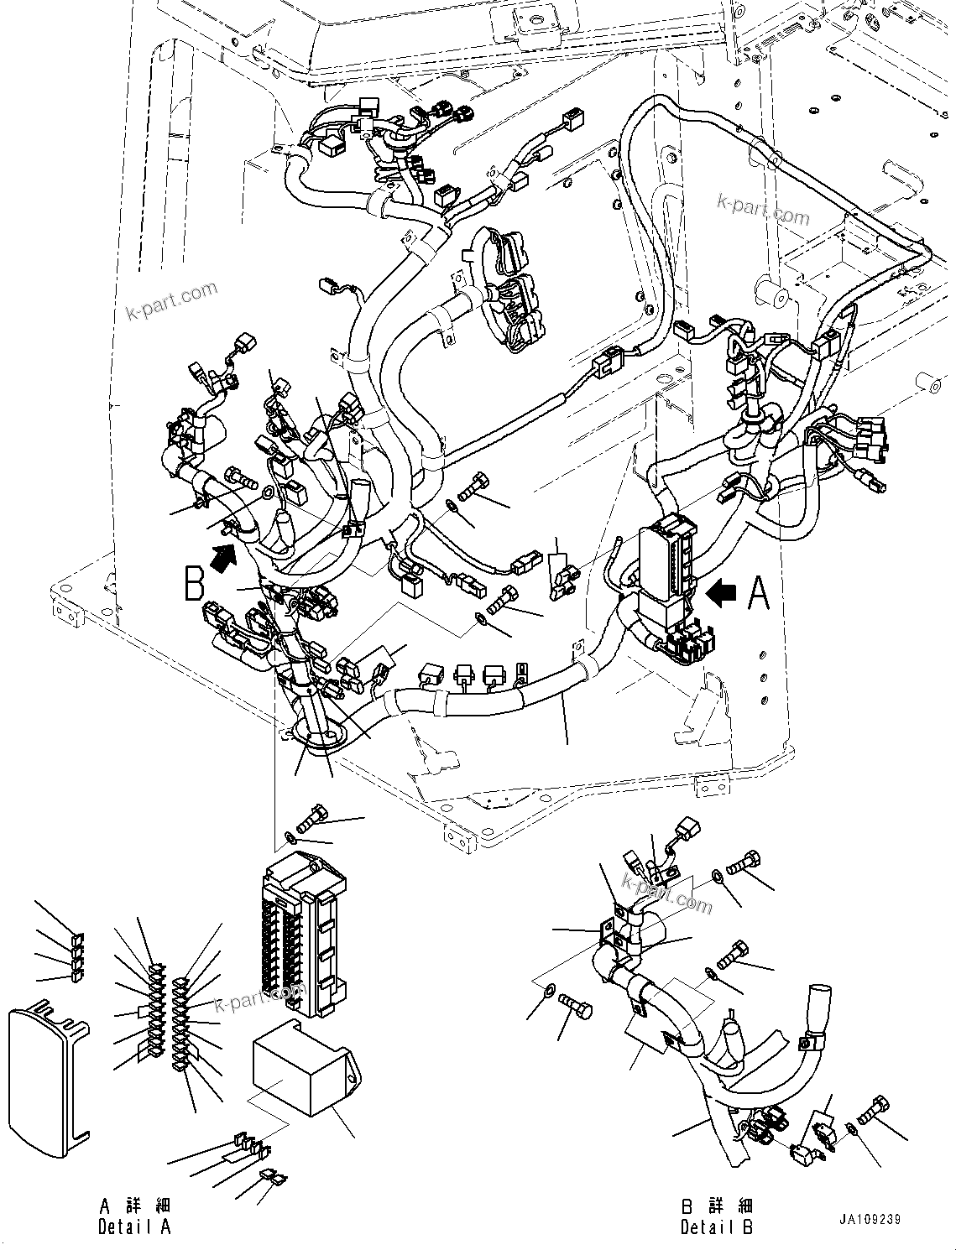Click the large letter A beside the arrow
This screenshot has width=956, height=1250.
[758, 593]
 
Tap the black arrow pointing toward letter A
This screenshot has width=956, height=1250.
[722, 593]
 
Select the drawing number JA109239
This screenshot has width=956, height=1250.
[868, 1219]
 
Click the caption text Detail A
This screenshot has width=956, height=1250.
[134, 1227]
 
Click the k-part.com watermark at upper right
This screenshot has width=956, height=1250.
[763, 209]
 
